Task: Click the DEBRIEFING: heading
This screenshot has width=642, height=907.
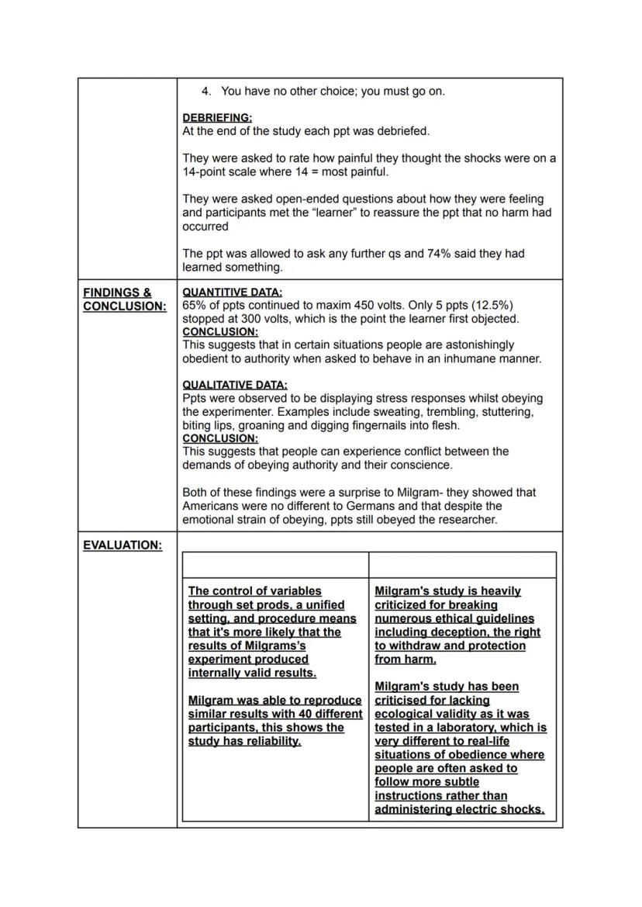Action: (217, 118)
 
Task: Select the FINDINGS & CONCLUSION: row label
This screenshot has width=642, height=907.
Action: (124, 299)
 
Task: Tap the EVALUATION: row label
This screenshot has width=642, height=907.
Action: (123, 545)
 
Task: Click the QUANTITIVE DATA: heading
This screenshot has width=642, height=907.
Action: (232, 293)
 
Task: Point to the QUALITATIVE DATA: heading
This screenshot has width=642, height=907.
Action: (235, 385)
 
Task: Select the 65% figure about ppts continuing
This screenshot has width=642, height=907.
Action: (194, 305)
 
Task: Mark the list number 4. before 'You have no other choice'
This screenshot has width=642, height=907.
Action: (206, 92)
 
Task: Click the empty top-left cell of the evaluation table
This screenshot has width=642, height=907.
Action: (275, 565)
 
